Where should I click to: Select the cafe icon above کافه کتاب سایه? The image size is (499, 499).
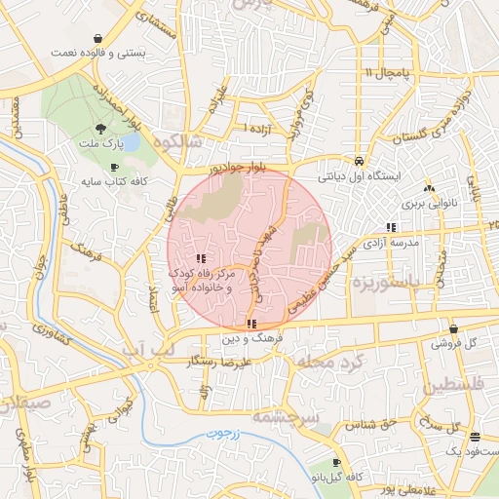(x=115, y=168)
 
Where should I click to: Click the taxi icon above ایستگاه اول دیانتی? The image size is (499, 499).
(x=360, y=161)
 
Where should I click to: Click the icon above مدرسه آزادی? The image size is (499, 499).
(x=391, y=227)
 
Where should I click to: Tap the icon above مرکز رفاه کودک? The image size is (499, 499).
(x=201, y=258)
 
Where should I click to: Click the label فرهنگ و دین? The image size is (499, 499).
(x=251, y=337)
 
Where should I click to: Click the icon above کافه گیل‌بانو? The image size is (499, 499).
(x=336, y=463)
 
